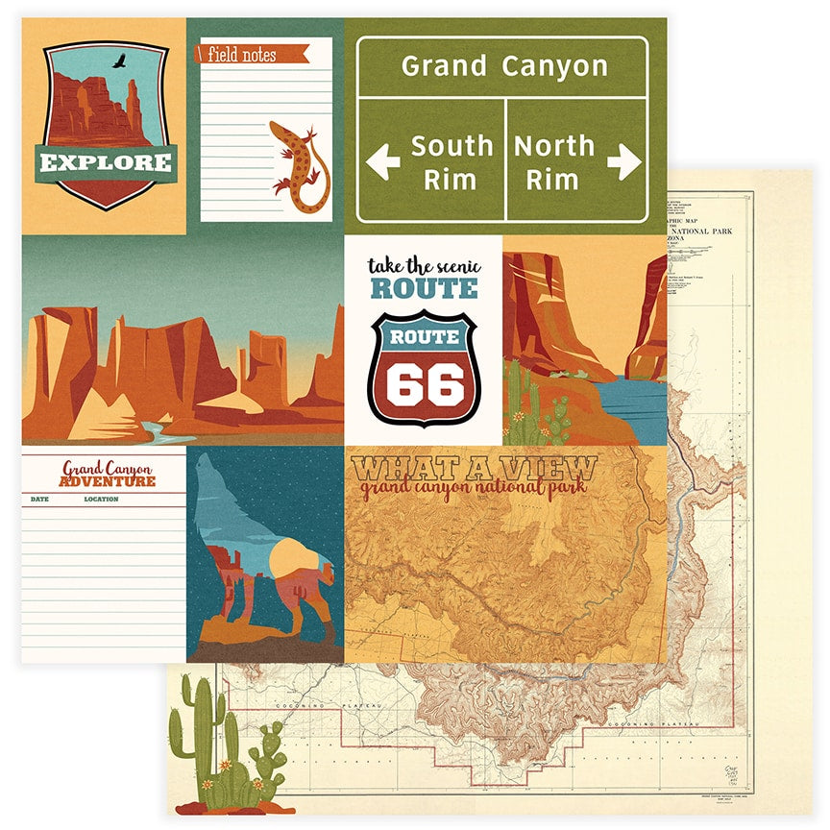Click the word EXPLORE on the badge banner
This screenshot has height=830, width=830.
pyautogui.click(x=106, y=160)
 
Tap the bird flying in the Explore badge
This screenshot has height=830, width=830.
pyautogui.click(x=120, y=63)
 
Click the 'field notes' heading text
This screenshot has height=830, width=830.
pyautogui.click(x=241, y=56)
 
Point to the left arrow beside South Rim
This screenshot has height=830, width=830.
pyautogui.click(x=383, y=161)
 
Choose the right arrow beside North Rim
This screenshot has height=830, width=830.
pyautogui.click(x=624, y=161)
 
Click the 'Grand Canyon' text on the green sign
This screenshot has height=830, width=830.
pyautogui.click(x=504, y=66)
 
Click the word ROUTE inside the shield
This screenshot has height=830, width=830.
pyautogui.click(x=424, y=337)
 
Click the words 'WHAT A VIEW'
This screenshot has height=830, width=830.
pyautogui.click(x=474, y=470)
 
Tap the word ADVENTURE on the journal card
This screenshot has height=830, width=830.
pyautogui.click(x=107, y=481)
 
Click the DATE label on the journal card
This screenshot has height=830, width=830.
pyautogui.click(x=39, y=500)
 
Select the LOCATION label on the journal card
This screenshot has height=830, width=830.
pyautogui.click(x=101, y=500)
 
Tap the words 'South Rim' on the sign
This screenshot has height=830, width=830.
pyautogui.click(x=452, y=161)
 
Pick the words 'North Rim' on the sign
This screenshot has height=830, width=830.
pyautogui.click(x=554, y=161)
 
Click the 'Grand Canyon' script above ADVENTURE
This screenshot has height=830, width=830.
pyautogui.click(x=107, y=468)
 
